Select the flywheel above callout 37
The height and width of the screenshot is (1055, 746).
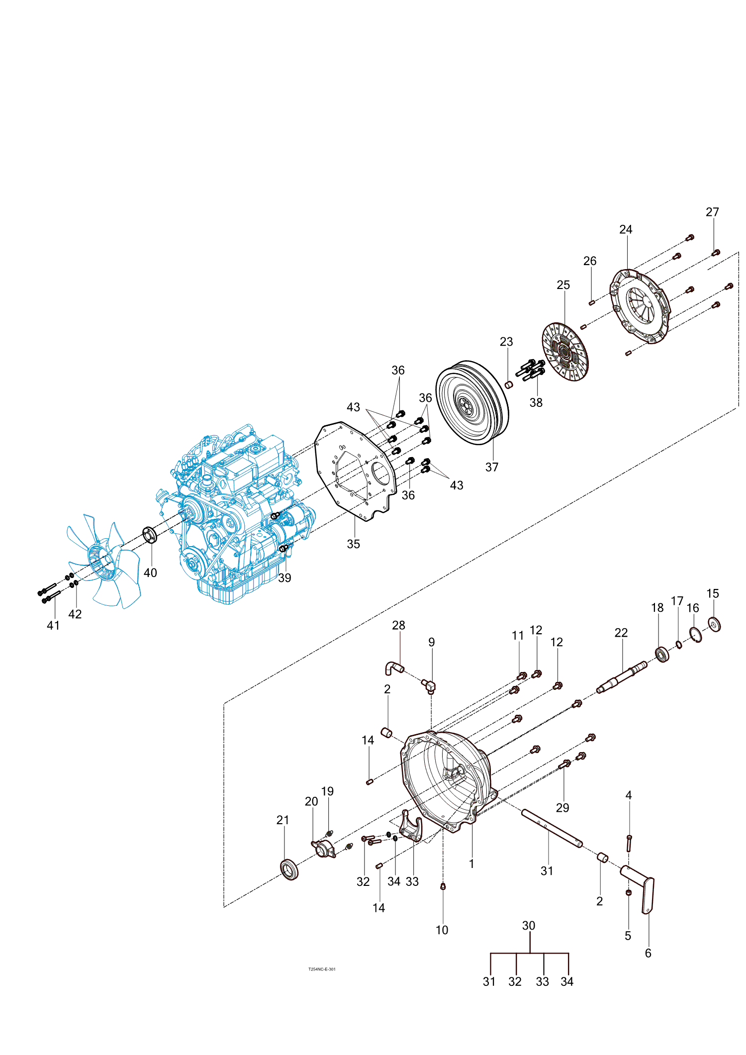coord(471,403)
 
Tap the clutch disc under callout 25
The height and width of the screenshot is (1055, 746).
coord(564,352)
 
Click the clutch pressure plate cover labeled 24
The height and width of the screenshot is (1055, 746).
coord(640,306)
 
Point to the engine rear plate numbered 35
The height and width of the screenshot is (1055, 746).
coord(356,471)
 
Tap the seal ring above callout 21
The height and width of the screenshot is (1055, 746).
coord(289,869)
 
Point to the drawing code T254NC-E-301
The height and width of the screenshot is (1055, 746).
coord(322,969)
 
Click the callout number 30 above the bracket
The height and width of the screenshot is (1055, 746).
coord(529,926)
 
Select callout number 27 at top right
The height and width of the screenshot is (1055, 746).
coord(712,212)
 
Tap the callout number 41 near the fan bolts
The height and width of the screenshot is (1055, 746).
coord(53,625)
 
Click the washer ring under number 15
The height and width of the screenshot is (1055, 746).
coord(714,624)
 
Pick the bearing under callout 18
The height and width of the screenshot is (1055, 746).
coord(662,654)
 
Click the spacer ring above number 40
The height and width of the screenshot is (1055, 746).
coord(150,535)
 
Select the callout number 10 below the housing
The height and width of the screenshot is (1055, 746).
coord(442,930)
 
